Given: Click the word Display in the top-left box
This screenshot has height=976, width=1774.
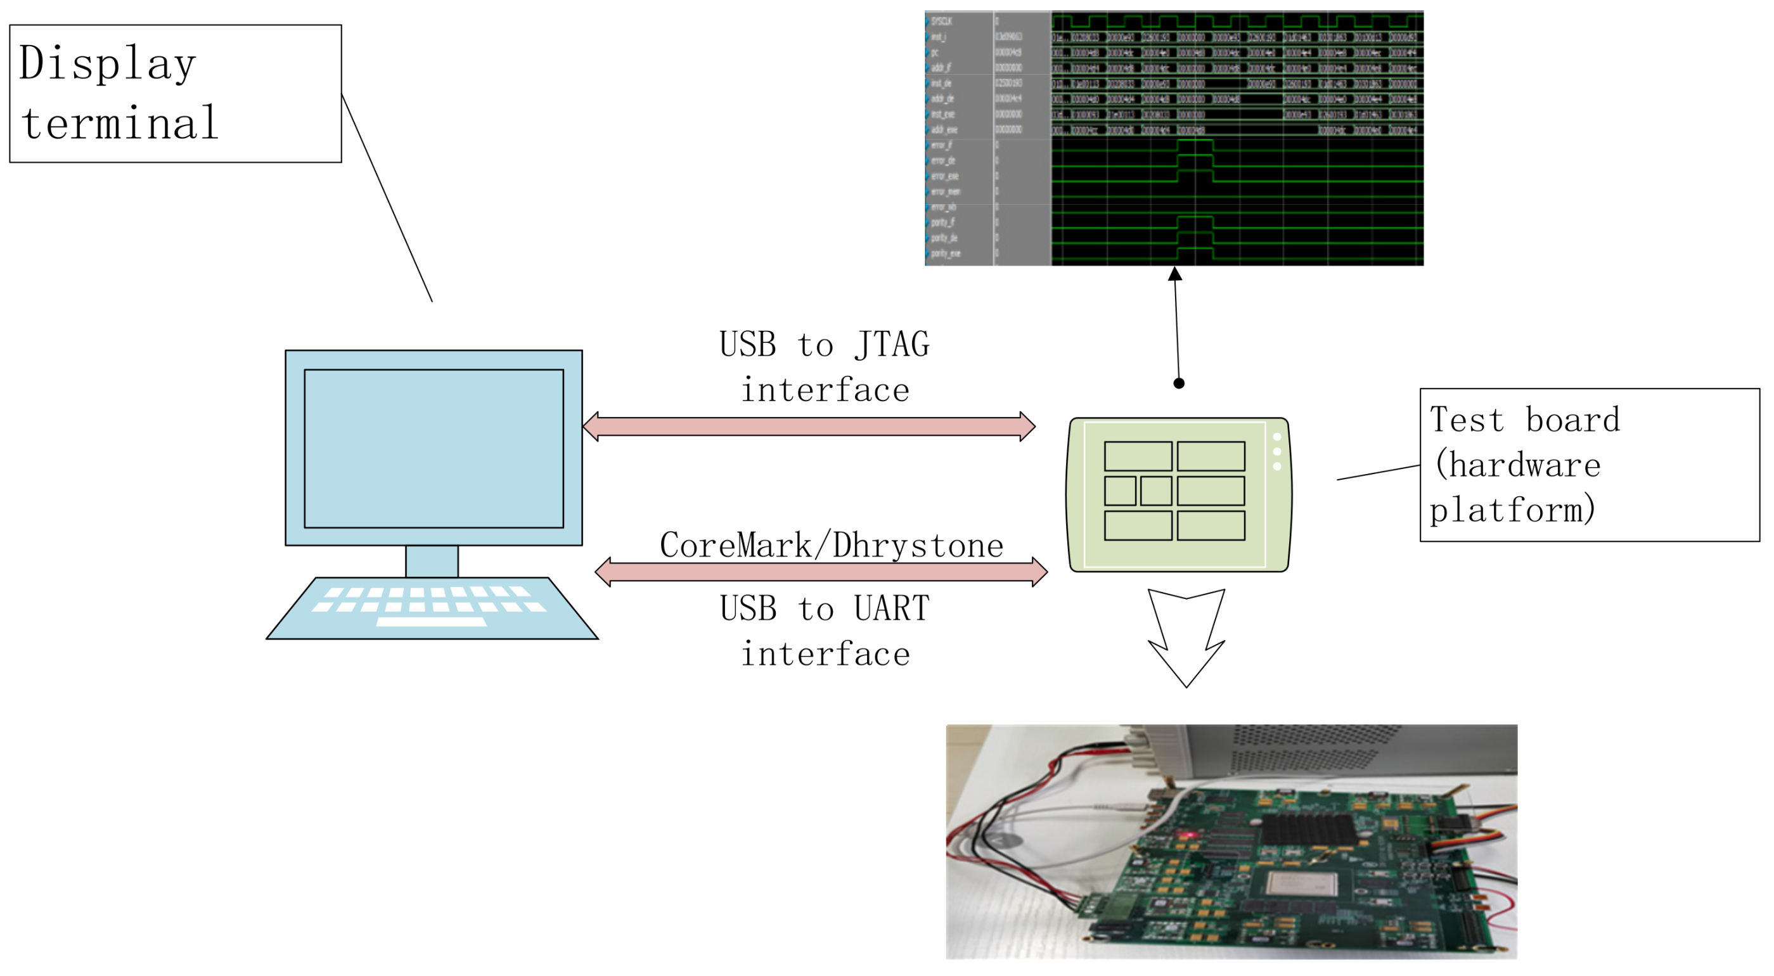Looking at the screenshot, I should click(108, 64).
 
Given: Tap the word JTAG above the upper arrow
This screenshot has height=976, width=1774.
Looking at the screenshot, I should click(892, 345).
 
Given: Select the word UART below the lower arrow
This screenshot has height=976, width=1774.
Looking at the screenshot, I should click(892, 609).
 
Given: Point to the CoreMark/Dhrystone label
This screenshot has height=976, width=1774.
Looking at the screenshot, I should click(831, 546).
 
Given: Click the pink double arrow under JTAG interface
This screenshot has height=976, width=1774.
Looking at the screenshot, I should click(809, 427).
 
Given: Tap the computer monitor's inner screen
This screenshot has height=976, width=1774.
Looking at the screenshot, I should click(434, 449).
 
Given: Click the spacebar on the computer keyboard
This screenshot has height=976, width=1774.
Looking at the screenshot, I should click(432, 622).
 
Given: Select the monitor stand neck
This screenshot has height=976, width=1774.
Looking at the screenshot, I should click(432, 562).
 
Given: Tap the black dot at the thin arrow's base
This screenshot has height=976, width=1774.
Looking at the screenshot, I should click(1179, 383).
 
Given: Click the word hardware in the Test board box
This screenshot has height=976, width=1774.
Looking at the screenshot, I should click(1525, 466).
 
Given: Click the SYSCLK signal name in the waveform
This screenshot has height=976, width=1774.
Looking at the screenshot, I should click(941, 22).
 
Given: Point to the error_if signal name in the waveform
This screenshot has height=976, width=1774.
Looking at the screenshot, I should click(941, 145).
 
